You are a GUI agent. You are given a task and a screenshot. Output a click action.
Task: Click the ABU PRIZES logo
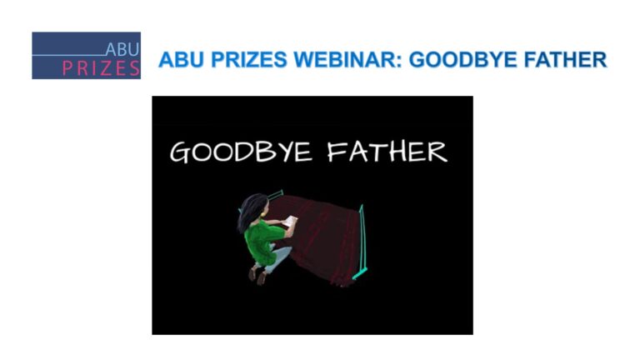point(86,56)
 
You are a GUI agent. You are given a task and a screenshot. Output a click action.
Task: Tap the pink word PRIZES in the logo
point(101,68)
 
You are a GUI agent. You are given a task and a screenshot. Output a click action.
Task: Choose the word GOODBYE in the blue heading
point(462,60)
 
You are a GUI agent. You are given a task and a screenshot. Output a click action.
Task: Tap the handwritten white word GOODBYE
point(241,152)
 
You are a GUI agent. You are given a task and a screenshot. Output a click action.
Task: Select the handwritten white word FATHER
point(387,152)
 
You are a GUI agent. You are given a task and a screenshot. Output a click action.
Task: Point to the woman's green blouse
point(262,242)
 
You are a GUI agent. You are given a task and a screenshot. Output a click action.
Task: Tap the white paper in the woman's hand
point(292,222)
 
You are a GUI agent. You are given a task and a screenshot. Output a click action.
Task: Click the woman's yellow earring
point(263,213)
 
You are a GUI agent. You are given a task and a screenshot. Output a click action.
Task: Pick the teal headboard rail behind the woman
point(275,194)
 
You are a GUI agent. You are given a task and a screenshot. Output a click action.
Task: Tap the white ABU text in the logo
point(122,49)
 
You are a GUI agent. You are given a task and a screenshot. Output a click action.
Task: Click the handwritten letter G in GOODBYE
point(180,153)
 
